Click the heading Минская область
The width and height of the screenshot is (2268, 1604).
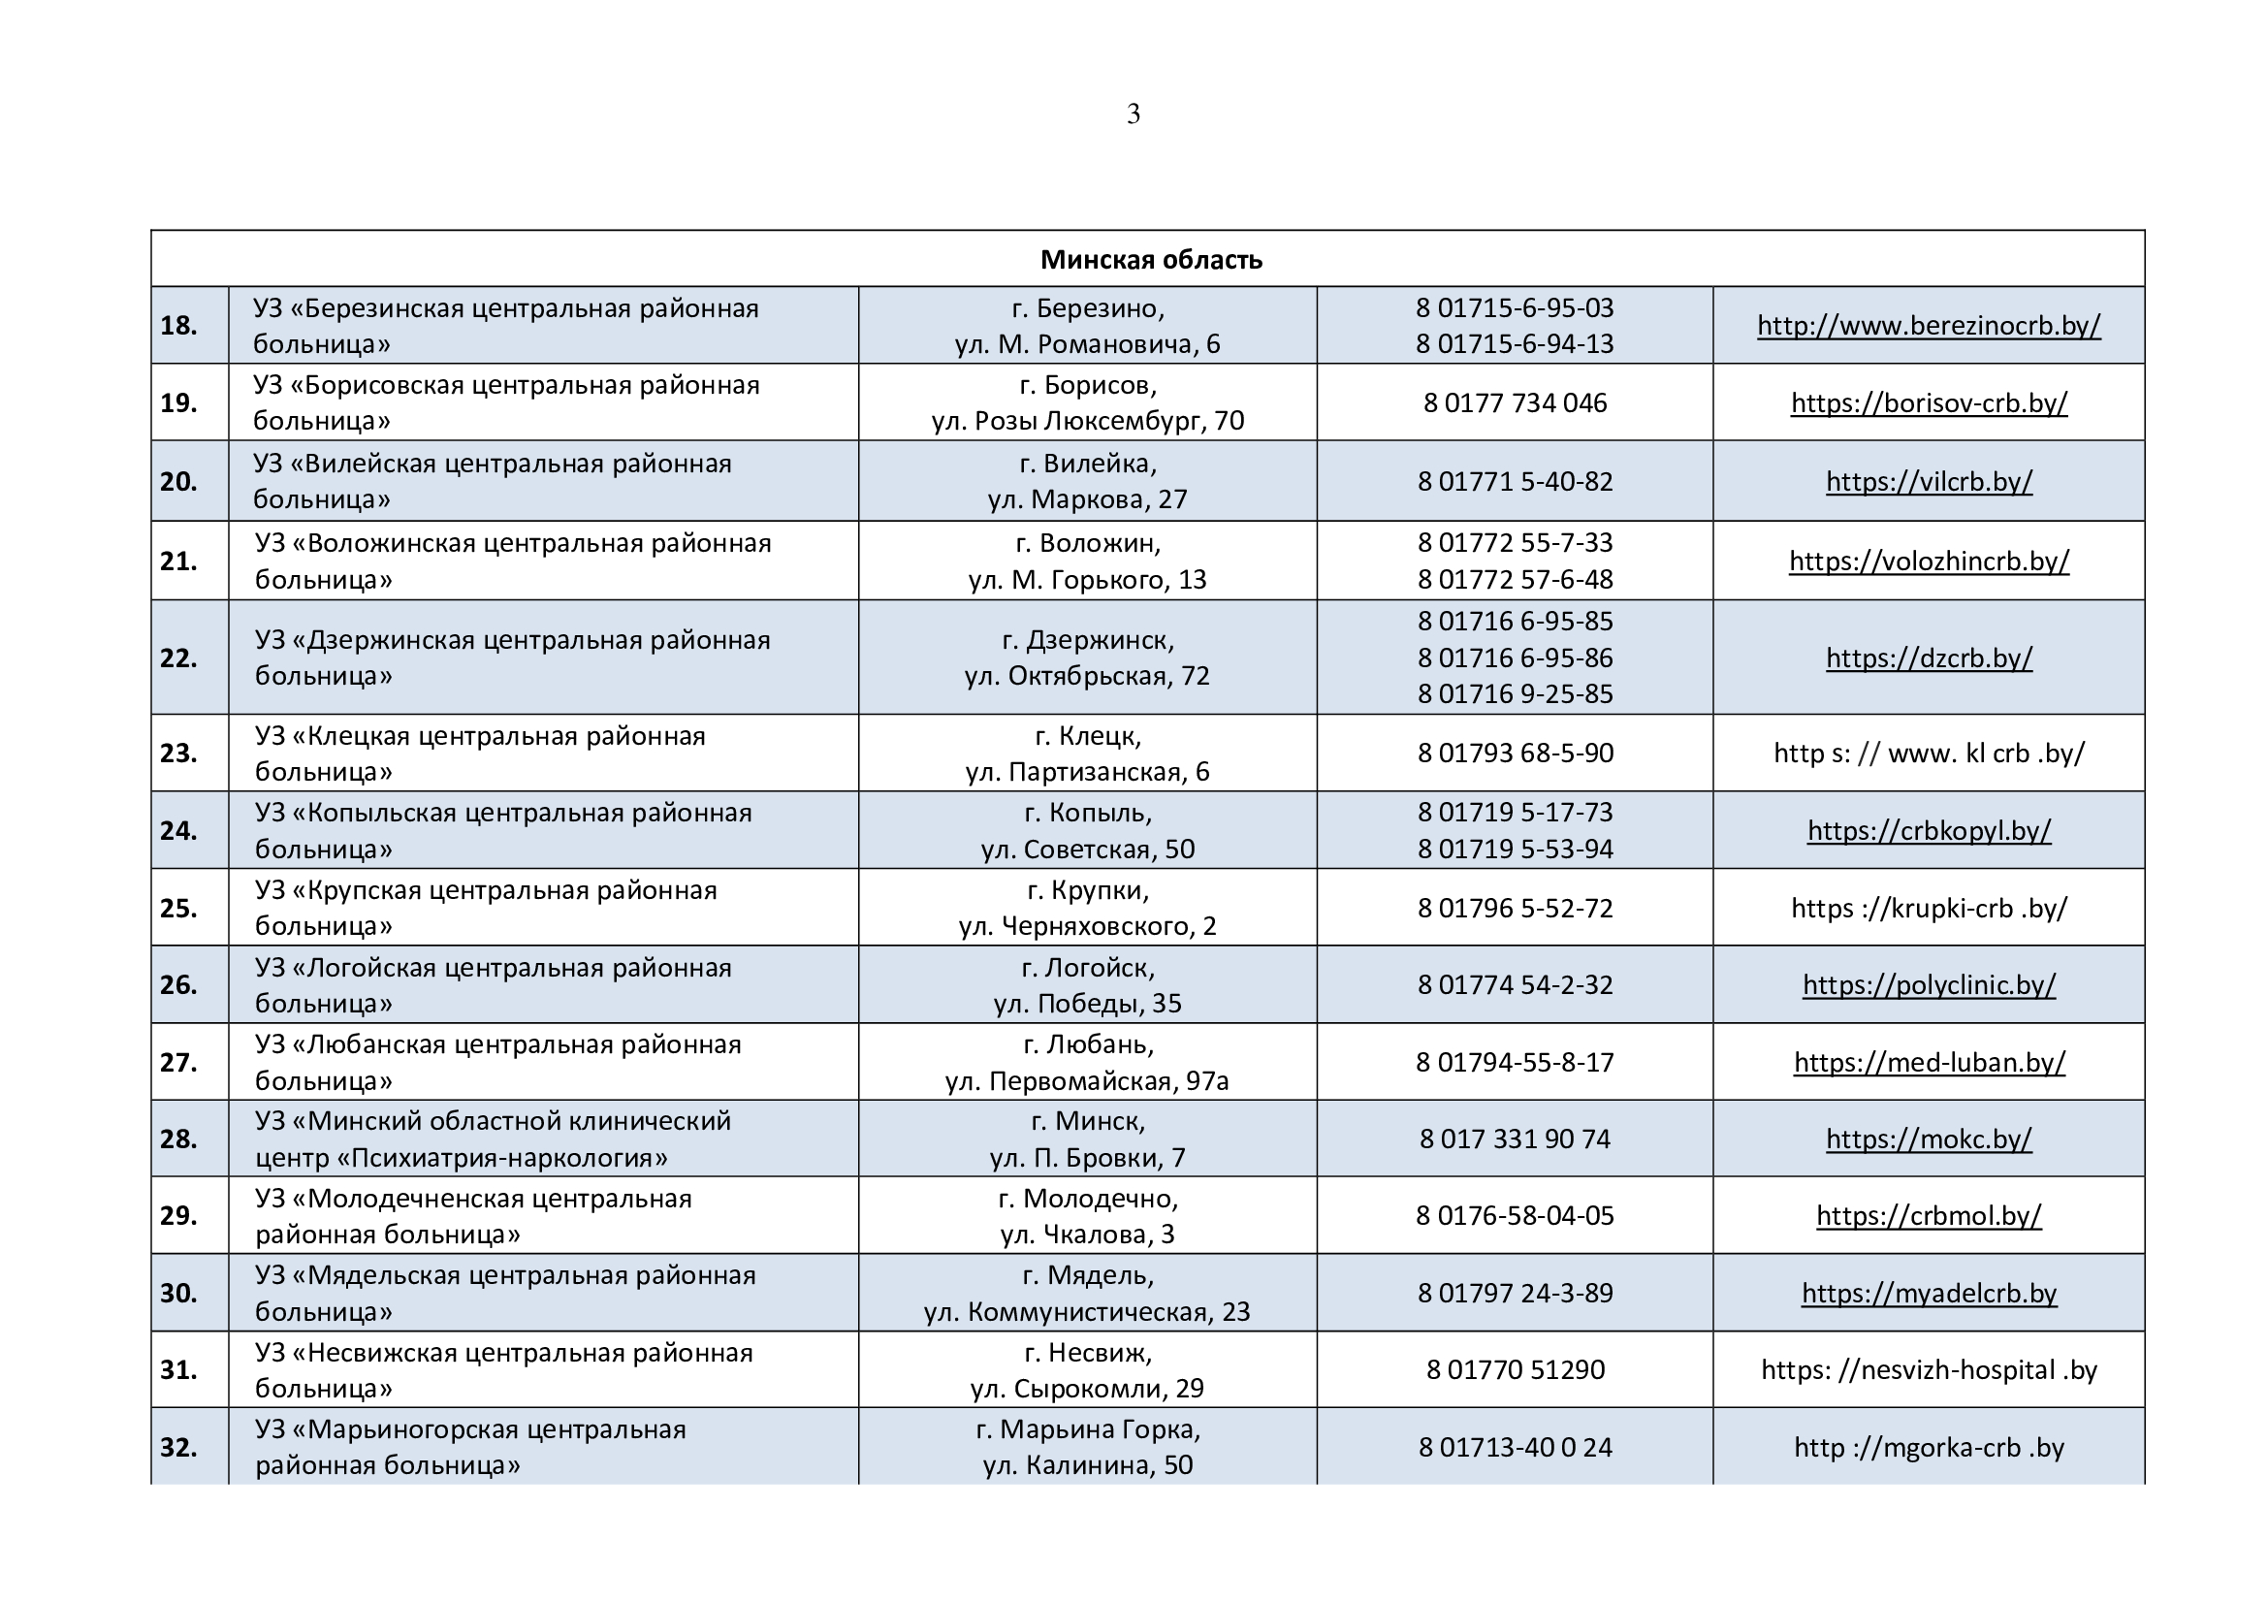(1151, 260)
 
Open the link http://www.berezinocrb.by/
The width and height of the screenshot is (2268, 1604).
(1929, 325)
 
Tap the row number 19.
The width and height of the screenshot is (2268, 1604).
(178, 403)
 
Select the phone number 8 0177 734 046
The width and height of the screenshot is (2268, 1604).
(1515, 403)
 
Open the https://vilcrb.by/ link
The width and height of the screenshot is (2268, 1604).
(1929, 481)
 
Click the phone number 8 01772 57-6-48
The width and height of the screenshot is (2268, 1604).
(1515, 579)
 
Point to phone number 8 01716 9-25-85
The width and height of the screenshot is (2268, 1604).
(1515, 693)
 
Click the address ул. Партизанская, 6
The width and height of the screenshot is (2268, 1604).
(1087, 771)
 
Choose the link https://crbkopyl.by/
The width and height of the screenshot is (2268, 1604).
(1929, 831)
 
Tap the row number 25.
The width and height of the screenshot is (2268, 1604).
(178, 908)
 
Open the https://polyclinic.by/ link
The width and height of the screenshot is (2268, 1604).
(1929, 984)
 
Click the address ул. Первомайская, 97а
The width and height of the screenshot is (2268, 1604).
(1087, 1080)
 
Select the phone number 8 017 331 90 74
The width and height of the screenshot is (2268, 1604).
(1515, 1139)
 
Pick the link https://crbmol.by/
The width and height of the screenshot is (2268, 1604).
(1929, 1215)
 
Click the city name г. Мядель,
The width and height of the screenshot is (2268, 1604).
(1088, 1275)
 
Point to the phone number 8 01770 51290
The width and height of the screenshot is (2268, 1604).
(1515, 1370)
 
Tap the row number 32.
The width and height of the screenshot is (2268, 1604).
(178, 1447)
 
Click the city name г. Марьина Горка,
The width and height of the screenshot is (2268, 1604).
(1088, 1429)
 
